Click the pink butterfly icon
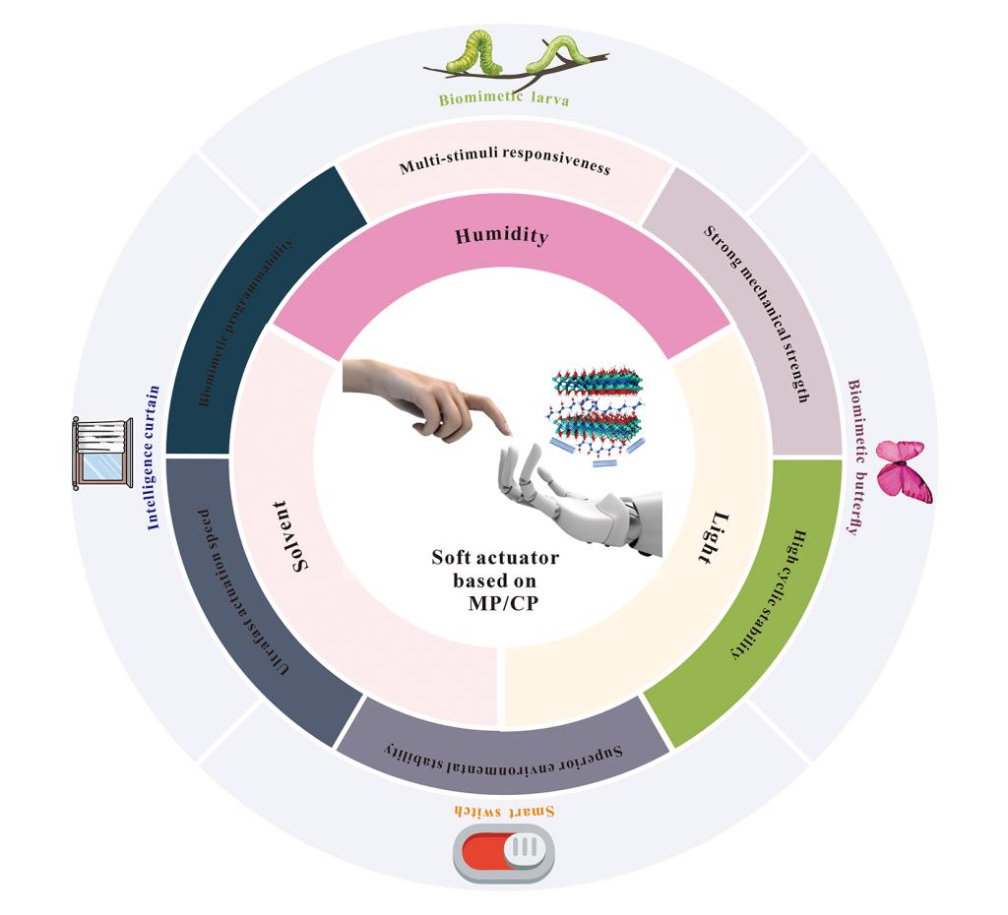[904, 470]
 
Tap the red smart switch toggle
[503, 849]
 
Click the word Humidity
[501, 236]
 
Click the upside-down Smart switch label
[504, 811]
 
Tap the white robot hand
[571, 497]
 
